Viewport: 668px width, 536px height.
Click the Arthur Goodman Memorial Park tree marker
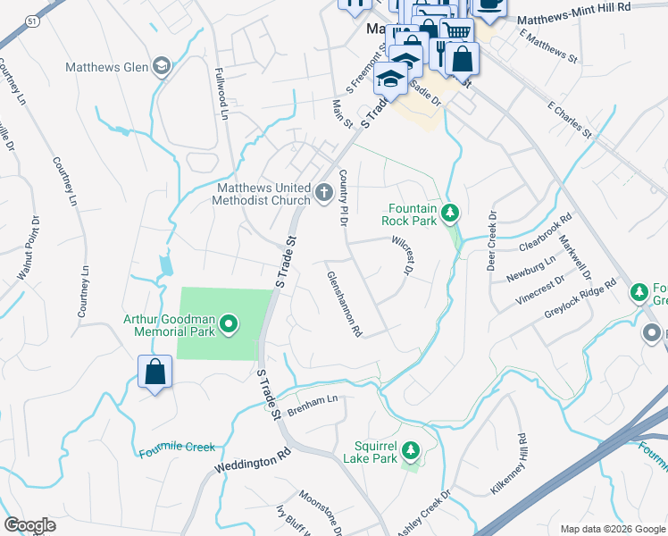click(229, 323)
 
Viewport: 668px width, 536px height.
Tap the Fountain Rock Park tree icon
click(452, 212)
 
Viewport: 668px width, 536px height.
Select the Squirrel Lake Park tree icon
click(410, 448)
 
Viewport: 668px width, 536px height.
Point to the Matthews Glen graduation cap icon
click(161, 66)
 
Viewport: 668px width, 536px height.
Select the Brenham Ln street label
click(313, 399)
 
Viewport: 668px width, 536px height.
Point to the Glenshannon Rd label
click(345, 304)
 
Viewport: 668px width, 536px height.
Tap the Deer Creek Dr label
click(491, 241)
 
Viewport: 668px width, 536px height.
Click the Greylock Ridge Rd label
click(580, 300)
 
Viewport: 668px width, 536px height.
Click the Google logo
click(29, 525)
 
